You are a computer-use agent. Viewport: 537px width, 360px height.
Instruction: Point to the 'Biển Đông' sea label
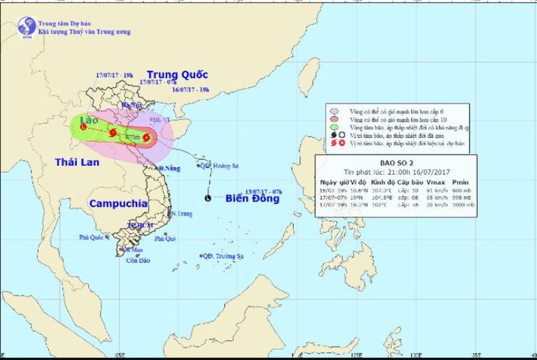pyautogui.click(x=253, y=199)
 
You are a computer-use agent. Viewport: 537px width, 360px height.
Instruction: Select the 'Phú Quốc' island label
pyautogui.click(x=91, y=237)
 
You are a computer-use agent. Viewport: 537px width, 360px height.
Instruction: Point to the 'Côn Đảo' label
pyautogui.click(x=138, y=260)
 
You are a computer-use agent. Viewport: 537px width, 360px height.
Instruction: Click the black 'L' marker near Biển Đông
pyautogui.click(x=209, y=199)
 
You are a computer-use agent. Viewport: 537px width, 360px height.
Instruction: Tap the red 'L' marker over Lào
pyautogui.click(x=83, y=127)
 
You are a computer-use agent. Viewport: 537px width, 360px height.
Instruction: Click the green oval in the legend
pyautogui.click(x=335, y=127)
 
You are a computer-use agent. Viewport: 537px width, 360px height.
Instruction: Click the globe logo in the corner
pyautogui.click(x=27, y=26)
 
